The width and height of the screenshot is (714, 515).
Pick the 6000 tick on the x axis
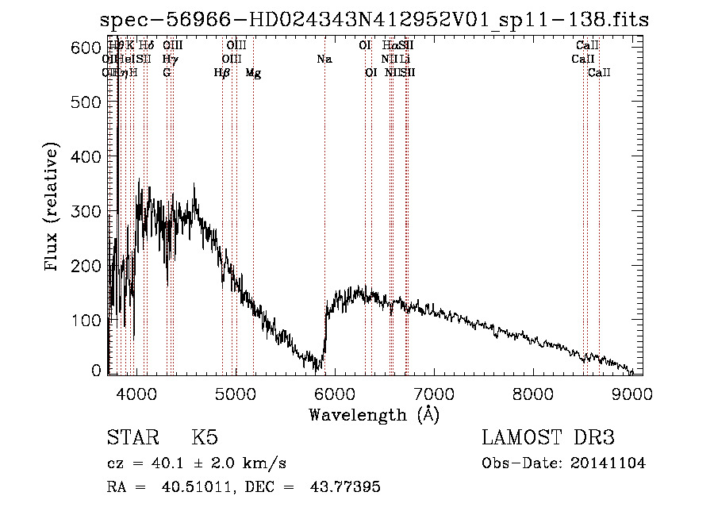click(334, 392)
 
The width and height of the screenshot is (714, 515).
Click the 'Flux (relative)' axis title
click(53, 208)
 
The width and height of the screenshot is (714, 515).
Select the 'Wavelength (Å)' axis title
click(374, 414)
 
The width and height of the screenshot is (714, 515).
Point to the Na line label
click(324, 59)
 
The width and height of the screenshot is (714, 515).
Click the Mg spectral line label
click(253, 73)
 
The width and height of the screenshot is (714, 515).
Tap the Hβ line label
click(222, 73)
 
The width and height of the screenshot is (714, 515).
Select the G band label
click(167, 73)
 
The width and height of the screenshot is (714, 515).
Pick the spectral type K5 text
click(205, 438)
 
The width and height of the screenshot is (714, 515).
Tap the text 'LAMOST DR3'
click(547, 438)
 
